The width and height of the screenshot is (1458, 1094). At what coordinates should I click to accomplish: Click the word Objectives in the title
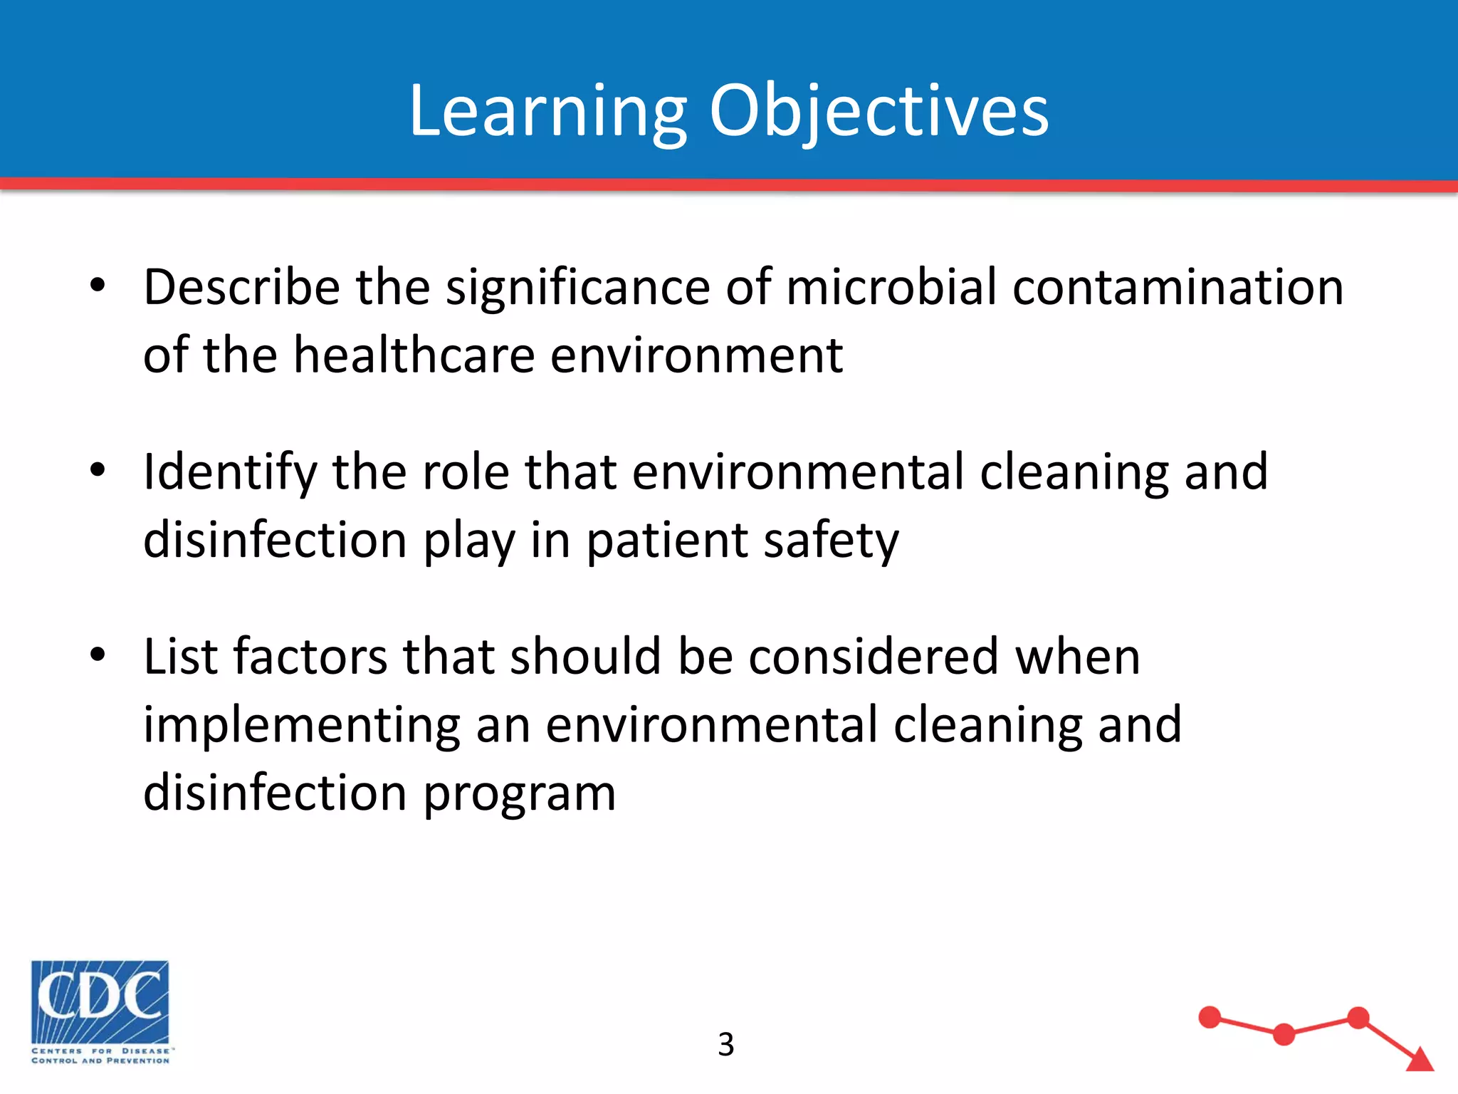click(879, 113)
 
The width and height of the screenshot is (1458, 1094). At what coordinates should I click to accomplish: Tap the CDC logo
click(100, 1011)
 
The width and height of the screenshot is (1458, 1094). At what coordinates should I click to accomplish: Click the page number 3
click(725, 1045)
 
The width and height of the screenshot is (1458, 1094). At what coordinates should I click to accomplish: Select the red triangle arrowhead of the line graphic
click(1420, 1059)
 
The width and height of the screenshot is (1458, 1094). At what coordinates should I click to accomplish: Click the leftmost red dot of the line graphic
click(1210, 1017)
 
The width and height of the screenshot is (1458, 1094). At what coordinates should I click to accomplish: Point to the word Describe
click(241, 287)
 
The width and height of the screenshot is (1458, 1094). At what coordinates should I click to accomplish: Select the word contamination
click(1178, 287)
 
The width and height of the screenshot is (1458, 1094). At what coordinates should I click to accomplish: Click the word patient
click(666, 541)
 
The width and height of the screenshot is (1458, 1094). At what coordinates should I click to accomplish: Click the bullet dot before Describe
click(98, 286)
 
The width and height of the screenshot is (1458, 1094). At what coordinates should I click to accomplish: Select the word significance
click(577, 287)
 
